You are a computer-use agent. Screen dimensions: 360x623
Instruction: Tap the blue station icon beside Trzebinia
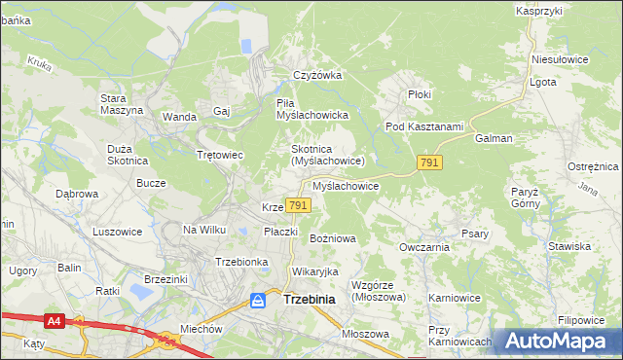tap(258, 301)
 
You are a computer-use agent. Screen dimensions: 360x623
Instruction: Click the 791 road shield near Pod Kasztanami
tap(429, 162)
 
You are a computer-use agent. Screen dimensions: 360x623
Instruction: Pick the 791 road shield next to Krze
tap(299, 205)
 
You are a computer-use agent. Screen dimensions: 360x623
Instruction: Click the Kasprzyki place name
tap(540, 11)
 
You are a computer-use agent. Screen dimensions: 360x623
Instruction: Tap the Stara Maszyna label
tap(122, 103)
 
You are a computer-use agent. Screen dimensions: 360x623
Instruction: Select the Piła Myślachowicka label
tap(312, 108)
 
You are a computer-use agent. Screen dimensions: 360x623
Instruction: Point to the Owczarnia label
tap(423, 247)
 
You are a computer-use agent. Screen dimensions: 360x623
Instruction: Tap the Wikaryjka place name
tap(313, 271)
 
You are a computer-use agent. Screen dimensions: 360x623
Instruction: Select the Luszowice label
tap(118, 232)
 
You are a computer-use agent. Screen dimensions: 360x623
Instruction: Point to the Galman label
tap(494, 138)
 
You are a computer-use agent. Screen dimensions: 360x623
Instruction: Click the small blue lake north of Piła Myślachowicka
tap(247, 45)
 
